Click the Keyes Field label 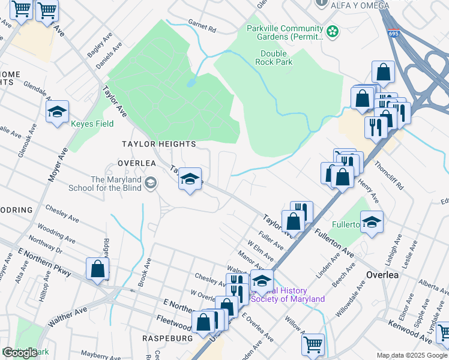(92, 125)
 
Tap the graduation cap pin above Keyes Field (58, 112)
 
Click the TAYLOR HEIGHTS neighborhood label (158, 144)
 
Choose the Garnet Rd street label (202, 28)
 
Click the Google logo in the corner (20, 353)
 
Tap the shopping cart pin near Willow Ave (313, 345)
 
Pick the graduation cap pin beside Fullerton (372, 222)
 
